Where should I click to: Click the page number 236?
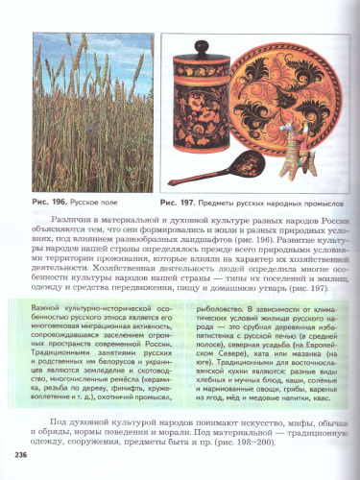18,454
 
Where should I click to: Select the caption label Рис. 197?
179,203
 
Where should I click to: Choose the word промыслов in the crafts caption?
313,203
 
